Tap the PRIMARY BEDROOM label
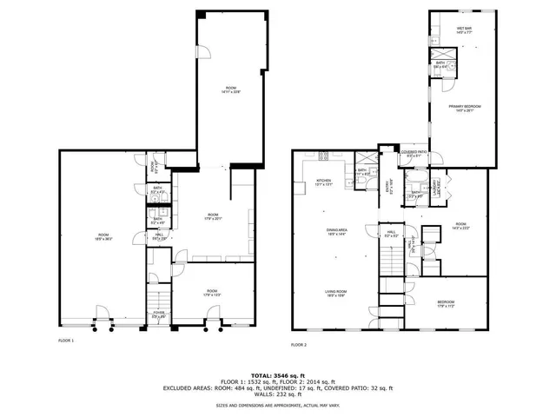pyautogui.click(x=465, y=108)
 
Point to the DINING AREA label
pyautogui.click(x=337, y=231)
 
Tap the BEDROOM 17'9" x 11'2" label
pyautogui.click(x=445, y=304)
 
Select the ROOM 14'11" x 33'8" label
pyautogui.click(x=230, y=89)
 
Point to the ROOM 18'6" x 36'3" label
pyautogui.click(x=103, y=236)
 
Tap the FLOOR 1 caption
pyautogui.click(x=66, y=341)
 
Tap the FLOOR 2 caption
pyautogui.click(x=300, y=345)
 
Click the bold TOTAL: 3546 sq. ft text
pyautogui.click(x=278, y=374)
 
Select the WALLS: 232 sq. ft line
pyautogui.click(x=278, y=395)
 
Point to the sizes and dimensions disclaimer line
pyautogui.click(x=278, y=405)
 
